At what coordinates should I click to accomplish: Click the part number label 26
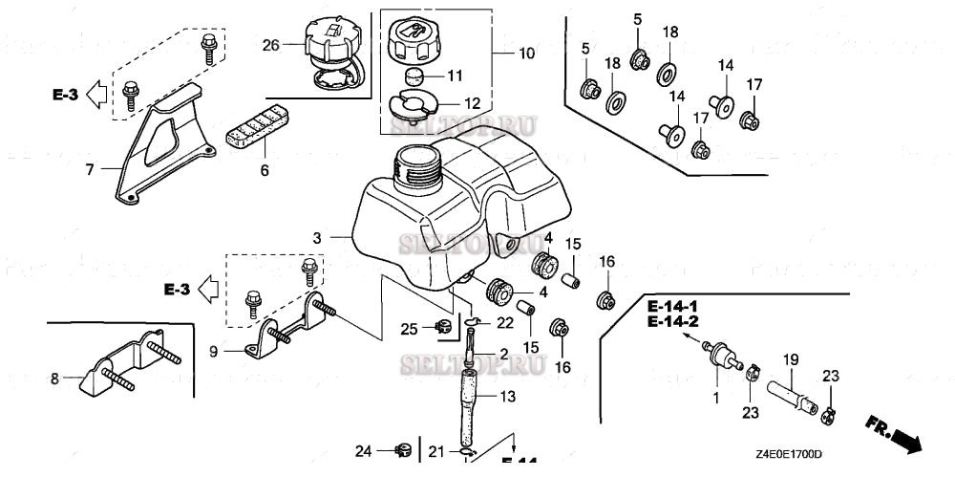click(x=272, y=44)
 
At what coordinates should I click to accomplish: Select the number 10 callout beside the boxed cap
click(x=525, y=54)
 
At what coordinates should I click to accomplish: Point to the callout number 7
click(x=89, y=170)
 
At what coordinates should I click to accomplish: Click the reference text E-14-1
click(x=672, y=306)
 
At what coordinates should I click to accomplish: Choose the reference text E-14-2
click(x=672, y=321)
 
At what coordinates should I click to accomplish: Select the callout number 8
click(x=54, y=379)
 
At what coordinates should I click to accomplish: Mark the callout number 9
click(x=214, y=352)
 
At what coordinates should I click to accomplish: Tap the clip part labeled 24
click(x=401, y=449)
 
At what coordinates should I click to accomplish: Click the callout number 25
click(x=409, y=329)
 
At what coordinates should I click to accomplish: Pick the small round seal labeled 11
click(x=414, y=76)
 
